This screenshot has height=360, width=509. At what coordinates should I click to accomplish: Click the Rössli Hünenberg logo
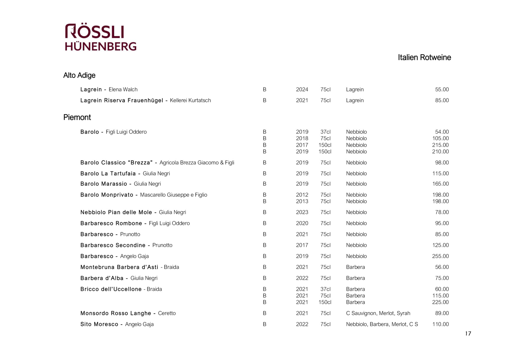[x=100, y=37]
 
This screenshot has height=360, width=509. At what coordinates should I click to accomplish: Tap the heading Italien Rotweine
[x=424, y=57]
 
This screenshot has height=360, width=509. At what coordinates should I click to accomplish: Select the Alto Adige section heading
[x=79, y=75]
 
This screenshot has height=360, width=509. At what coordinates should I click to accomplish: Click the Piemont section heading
[x=77, y=117]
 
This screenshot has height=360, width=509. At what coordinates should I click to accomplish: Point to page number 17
[x=468, y=334]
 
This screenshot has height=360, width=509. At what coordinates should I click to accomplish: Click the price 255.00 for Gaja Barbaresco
[x=440, y=256]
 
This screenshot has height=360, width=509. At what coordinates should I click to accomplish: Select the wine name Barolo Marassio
[x=104, y=184]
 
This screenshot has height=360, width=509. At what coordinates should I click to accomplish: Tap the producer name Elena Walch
[x=123, y=90]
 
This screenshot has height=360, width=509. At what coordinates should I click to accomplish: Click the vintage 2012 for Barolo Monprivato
[x=302, y=195]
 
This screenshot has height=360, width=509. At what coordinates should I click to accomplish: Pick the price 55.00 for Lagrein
[x=442, y=90]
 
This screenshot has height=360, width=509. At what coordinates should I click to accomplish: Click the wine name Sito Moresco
[x=99, y=324]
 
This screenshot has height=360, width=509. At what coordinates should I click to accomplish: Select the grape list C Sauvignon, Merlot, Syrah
[x=378, y=313]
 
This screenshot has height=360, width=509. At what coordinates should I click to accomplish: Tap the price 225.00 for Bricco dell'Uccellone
[x=440, y=302]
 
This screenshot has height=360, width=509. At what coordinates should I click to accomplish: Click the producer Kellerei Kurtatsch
[x=190, y=100]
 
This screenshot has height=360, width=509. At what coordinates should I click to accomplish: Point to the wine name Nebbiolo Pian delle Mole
[x=116, y=212]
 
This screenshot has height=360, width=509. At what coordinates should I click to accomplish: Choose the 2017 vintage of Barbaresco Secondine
[x=302, y=245]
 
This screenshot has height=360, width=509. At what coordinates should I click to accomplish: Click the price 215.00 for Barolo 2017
[x=440, y=145]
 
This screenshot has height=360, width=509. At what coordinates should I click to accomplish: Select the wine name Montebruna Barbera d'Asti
[x=119, y=267]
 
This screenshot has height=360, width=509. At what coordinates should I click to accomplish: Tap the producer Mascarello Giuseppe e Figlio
[x=173, y=195]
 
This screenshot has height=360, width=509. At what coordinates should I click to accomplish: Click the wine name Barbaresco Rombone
[x=111, y=223]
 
